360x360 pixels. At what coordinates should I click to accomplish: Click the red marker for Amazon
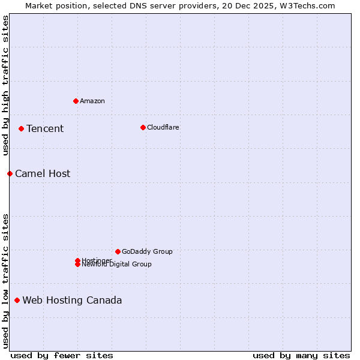click(x=76, y=101)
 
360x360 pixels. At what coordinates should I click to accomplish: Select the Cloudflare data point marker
click(x=143, y=127)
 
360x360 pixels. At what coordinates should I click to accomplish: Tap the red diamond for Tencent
click(x=21, y=128)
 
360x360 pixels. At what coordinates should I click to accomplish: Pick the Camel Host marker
click(x=10, y=173)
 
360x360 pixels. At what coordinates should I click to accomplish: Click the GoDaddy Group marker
click(x=118, y=251)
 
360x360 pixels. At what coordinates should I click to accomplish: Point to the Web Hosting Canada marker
click(x=17, y=300)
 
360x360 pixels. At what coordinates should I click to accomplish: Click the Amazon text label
click(x=92, y=101)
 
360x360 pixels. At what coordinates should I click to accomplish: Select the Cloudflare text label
click(x=163, y=127)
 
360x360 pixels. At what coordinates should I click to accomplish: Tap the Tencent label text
click(x=45, y=128)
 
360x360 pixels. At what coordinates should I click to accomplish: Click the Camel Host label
click(x=43, y=173)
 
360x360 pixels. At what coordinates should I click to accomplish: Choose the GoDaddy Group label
click(x=147, y=251)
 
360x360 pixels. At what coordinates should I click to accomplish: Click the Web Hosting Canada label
click(x=72, y=300)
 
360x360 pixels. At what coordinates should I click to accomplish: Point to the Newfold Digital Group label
click(x=117, y=265)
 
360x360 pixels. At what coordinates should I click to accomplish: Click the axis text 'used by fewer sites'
click(x=62, y=355)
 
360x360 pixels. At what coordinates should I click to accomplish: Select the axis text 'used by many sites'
click(x=301, y=355)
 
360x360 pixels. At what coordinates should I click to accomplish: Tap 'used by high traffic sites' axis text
click(x=5, y=85)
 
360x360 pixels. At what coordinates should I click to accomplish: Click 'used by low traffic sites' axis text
click(x=5, y=280)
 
